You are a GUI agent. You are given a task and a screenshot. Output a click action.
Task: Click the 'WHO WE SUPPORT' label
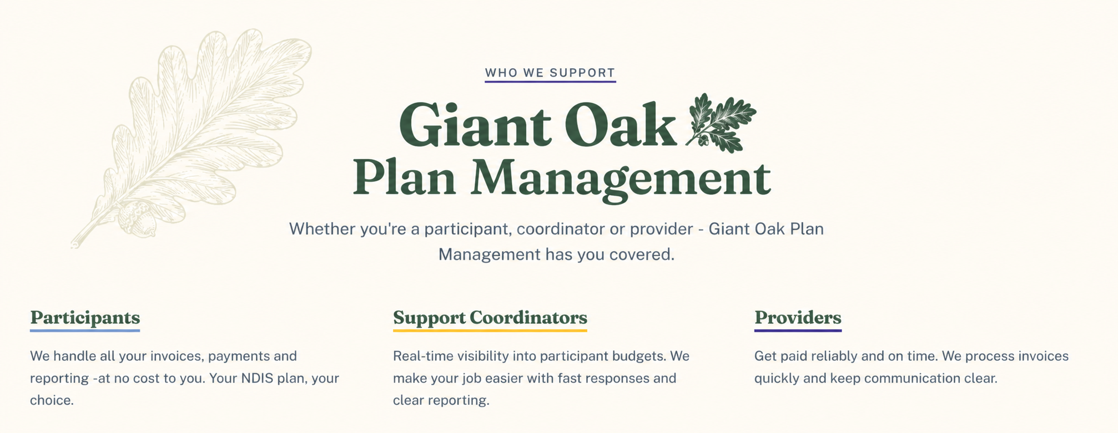[x=550, y=73]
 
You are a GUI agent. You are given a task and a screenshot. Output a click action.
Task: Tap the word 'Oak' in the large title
[x=621, y=125]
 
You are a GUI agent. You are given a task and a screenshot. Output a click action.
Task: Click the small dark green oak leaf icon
[x=721, y=123]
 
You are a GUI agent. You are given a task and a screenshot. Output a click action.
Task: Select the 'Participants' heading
[x=85, y=318]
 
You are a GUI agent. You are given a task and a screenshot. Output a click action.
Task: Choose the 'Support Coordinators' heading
[x=490, y=318]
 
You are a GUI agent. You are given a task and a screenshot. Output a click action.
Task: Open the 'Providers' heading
[x=798, y=318]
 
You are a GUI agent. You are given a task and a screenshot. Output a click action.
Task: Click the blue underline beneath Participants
[x=85, y=331]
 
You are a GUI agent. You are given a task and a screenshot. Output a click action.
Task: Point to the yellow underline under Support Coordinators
[x=490, y=331]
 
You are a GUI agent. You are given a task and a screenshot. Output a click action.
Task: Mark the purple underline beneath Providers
[x=798, y=331]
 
